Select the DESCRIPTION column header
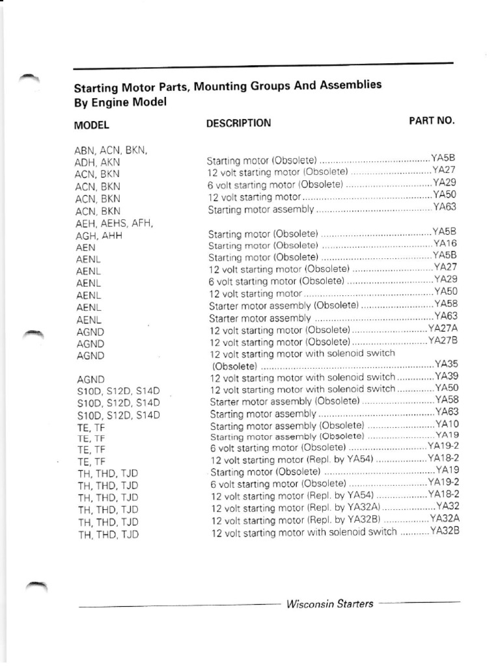[238, 122]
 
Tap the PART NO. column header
[432, 120]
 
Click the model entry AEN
[86, 247]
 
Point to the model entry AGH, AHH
[99, 235]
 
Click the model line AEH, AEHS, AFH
[114, 223]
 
